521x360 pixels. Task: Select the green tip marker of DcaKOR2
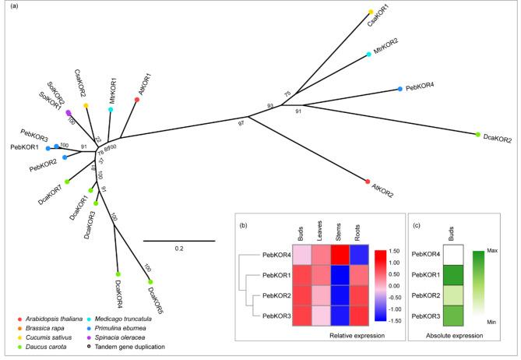477,135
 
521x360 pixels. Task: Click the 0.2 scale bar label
178,249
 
